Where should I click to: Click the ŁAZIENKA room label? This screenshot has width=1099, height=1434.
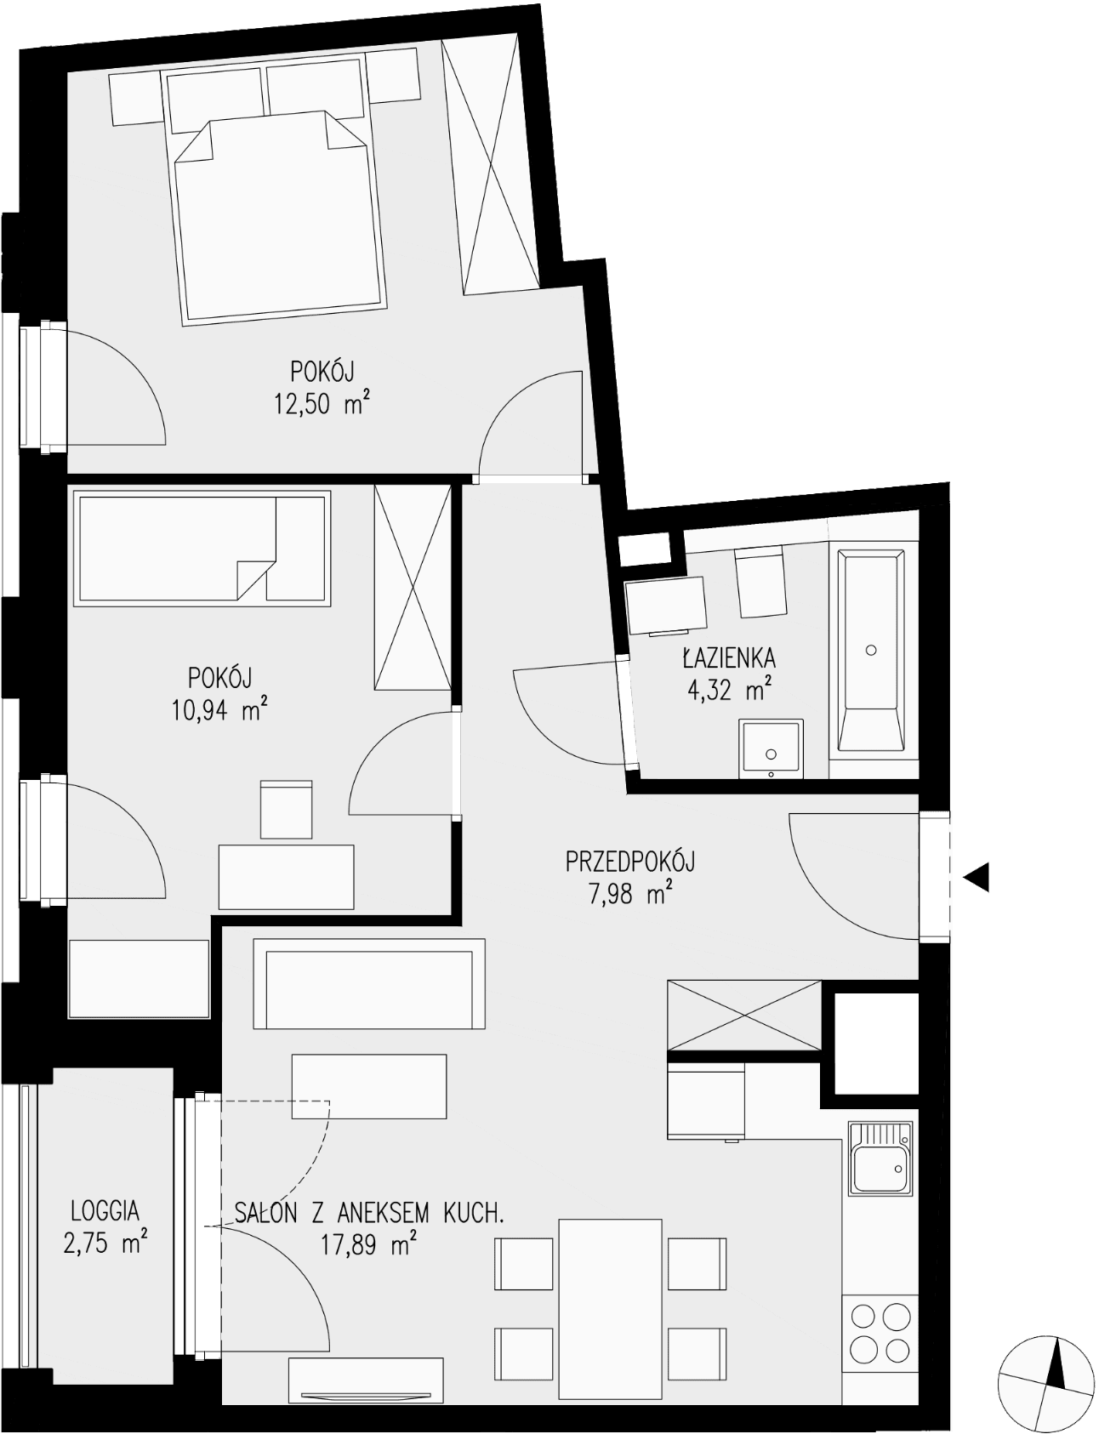pyautogui.click(x=729, y=657)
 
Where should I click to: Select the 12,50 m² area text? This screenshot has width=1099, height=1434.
pyautogui.click(x=322, y=402)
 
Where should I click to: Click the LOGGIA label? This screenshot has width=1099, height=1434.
pyautogui.click(x=105, y=1210)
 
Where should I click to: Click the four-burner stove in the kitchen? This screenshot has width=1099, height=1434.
pyautogui.click(x=880, y=1334)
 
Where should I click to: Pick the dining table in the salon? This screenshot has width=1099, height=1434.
pyautogui.click(x=611, y=1308)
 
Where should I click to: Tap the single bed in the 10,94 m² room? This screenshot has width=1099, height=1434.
pyautogui.click(x=202, y=548)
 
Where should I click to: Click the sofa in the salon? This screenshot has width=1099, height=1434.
pyautogui.click(x=368, y=985)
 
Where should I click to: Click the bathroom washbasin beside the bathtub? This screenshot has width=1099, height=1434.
pyautogui.click(x=771, y=748)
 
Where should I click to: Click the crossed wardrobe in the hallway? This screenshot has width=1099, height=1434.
pyautogui.click(x=745, y=1016)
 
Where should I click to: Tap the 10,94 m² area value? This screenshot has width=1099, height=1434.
pyautogui.click(x=220, y=709)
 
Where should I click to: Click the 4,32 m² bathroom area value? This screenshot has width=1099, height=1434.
pyautogui.click(x=729, y=689)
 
